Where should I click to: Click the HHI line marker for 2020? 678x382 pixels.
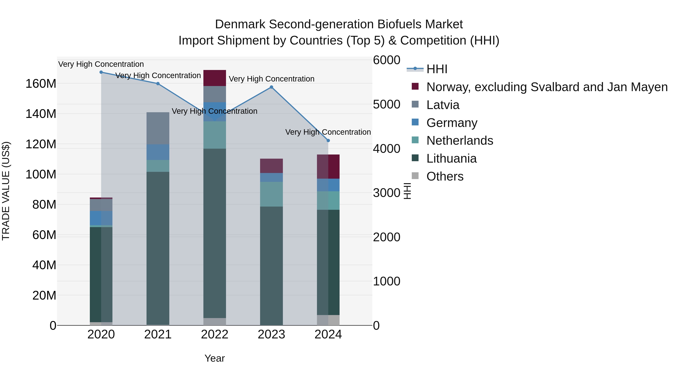[101, 72]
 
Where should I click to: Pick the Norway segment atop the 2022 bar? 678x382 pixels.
[215, 78]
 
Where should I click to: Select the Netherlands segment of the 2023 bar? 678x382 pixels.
[271, 194]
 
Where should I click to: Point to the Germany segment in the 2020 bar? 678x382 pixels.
[101, 218]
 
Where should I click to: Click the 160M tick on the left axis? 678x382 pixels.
[41, 84]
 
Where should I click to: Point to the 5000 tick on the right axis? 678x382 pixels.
[386, 104]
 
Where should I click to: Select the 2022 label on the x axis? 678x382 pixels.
[215, 334]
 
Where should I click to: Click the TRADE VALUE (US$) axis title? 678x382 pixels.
[6, 191]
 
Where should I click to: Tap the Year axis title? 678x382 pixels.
[215, 358]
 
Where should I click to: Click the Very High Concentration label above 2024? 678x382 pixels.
[328, 132]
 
